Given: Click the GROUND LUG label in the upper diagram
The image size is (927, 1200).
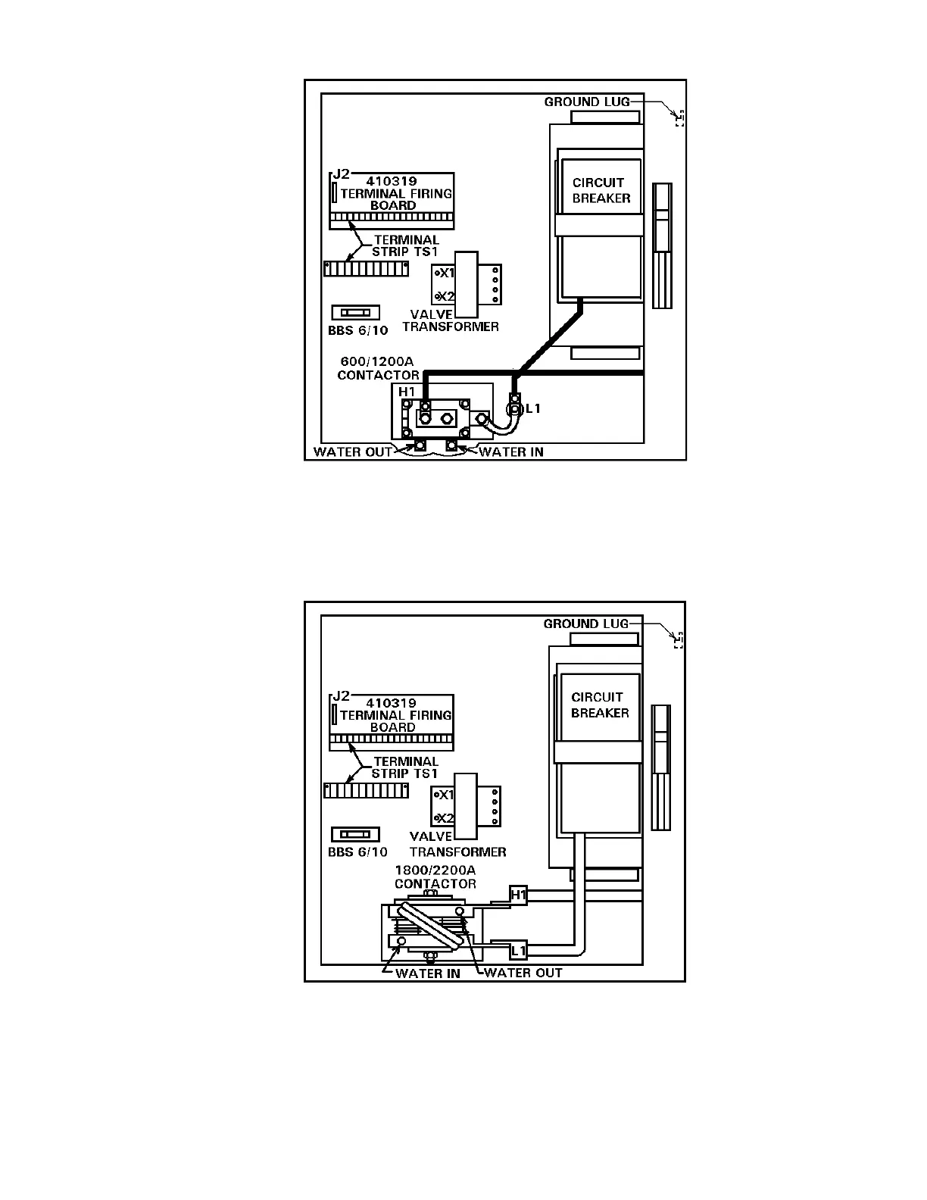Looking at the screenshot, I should point(587,102).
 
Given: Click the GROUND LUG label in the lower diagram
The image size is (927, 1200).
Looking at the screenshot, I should point(586,623).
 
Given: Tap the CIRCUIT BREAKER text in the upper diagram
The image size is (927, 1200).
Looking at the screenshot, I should point(601,190).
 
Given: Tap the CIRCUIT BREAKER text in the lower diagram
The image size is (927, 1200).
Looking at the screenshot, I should point(600,705).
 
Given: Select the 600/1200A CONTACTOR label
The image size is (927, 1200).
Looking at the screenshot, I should point(378,369).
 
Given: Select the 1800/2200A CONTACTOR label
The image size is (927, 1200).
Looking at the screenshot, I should point(435,877).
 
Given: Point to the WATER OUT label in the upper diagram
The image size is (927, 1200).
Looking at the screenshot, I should point(353,452).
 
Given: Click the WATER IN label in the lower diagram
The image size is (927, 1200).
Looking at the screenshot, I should point(427,973).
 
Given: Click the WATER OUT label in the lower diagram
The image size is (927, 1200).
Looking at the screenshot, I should point(523,973).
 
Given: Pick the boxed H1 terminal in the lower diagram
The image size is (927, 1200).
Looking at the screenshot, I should point(519,895).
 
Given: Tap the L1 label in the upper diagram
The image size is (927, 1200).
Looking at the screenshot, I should point(533,409).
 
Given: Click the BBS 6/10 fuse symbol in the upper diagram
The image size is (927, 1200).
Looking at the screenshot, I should point(355,312).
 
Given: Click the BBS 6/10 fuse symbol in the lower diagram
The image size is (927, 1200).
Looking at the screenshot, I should point(355,834).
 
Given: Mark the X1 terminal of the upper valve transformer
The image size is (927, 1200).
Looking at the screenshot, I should point(445,273).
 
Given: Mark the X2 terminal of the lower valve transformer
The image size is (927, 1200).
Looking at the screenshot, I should point(445,818).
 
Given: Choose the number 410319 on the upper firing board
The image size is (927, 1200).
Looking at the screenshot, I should point(391,182).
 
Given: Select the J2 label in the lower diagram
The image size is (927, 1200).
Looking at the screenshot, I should point(341,696).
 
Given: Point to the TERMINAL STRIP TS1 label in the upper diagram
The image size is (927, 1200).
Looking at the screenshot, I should point(406,245).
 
